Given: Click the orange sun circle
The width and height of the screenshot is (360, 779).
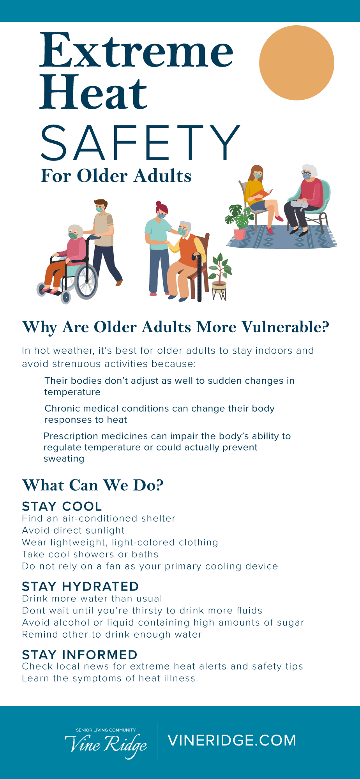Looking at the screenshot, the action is point(296,63).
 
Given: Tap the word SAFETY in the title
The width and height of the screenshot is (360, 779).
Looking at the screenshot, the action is point(141,143).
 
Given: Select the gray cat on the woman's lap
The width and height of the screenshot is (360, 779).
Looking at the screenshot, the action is point(299,204).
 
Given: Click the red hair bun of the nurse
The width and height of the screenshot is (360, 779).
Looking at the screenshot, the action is point(158,204).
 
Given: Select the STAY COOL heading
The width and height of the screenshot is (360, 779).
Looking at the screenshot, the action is point(62,506).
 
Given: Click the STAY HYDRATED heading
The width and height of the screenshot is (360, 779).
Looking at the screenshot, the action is point(80,587).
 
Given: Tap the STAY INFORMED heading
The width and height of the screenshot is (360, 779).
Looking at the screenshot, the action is point(80,655).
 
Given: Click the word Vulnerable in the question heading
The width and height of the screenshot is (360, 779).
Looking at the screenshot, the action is point(286,327).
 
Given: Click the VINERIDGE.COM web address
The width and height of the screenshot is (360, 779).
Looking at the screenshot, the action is point(232,740).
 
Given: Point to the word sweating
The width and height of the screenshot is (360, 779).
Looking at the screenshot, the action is point(64,459).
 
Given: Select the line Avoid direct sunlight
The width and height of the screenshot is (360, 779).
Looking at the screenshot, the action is point(73,530).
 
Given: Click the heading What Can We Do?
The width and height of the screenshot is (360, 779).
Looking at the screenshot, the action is point(93,485).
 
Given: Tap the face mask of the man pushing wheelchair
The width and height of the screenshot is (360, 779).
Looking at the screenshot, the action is point(100,210).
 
